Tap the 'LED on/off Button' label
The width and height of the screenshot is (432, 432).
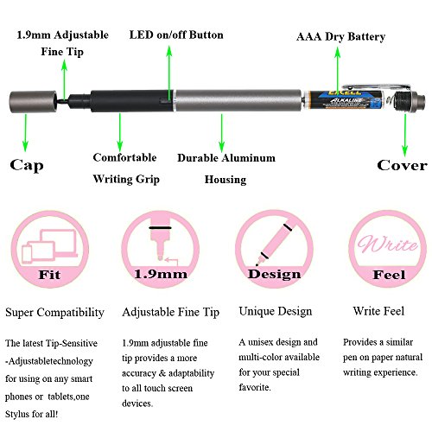coord(176,35)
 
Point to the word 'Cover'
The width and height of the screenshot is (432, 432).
coord(402,165)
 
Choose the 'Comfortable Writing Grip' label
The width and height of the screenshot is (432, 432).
coord(125,168)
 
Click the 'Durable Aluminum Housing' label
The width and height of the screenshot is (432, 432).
coord(226,168)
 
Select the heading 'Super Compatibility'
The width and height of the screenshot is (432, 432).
coord(55,311)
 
